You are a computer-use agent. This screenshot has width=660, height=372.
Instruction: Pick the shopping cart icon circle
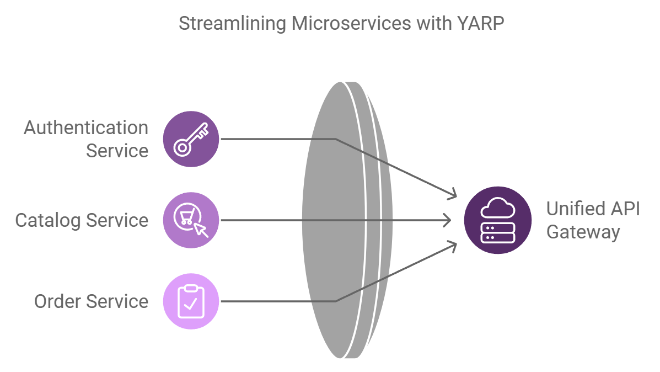[191, 220]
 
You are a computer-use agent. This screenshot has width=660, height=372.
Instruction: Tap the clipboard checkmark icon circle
[191, 301]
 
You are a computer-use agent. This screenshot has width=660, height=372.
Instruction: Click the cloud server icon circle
[498, 220]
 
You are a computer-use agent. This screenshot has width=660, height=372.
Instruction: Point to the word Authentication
[86, 127]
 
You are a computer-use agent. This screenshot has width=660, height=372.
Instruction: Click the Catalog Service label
[82, 220]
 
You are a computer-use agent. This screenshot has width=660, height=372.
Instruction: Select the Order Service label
[91, 301]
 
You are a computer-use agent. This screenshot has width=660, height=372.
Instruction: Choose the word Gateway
[583, 232]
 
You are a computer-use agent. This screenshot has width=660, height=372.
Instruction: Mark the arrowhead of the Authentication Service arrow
[454, 194]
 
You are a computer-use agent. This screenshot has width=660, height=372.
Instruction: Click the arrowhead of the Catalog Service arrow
[447, 220]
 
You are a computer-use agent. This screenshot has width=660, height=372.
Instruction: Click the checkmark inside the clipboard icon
[191, 304]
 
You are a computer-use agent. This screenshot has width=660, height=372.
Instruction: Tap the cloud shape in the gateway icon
[498, 209]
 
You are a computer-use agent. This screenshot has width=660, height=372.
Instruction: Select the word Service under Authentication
[117, 151]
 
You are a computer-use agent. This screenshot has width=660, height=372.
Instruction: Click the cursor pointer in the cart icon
[201, 230]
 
